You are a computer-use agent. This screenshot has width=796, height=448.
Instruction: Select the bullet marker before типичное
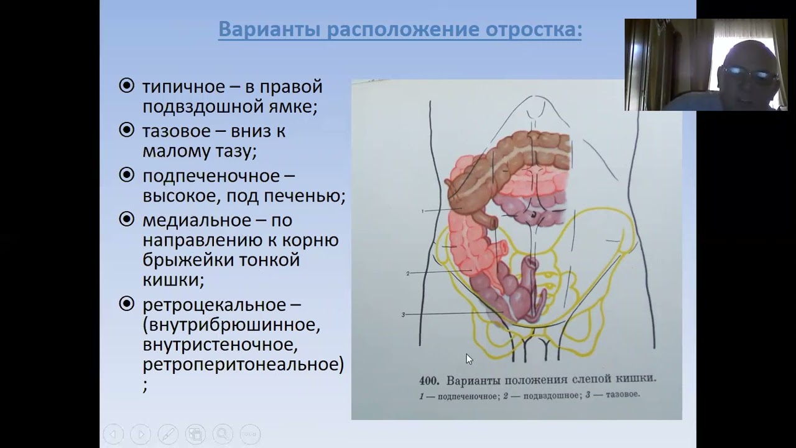126,86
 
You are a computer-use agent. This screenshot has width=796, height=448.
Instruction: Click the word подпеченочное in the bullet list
210,176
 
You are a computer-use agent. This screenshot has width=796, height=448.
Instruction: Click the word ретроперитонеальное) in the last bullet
243,365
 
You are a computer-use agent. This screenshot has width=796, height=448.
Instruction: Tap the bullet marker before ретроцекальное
126,304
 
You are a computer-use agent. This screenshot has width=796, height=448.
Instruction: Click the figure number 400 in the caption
429,380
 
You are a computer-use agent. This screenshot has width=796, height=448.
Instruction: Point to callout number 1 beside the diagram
422,212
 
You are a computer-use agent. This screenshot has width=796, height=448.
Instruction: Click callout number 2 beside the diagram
407,273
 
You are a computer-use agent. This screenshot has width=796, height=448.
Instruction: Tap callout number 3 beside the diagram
403,315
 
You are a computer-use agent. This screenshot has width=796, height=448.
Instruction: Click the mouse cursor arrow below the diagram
469,359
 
